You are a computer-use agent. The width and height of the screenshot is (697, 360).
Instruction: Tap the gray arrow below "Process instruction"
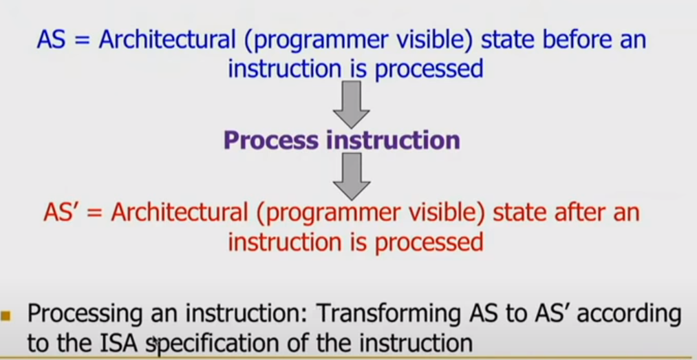pos(352,175)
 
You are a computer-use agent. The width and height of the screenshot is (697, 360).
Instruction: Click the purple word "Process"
pos(271,140)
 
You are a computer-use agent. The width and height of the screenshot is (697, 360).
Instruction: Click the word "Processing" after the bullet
pos(84,315)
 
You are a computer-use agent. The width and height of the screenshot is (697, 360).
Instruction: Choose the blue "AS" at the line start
pos(51,39)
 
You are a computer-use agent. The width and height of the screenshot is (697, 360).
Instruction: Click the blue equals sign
pos(83,40)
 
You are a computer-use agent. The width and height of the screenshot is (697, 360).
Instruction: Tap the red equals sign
pos(95,213)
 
